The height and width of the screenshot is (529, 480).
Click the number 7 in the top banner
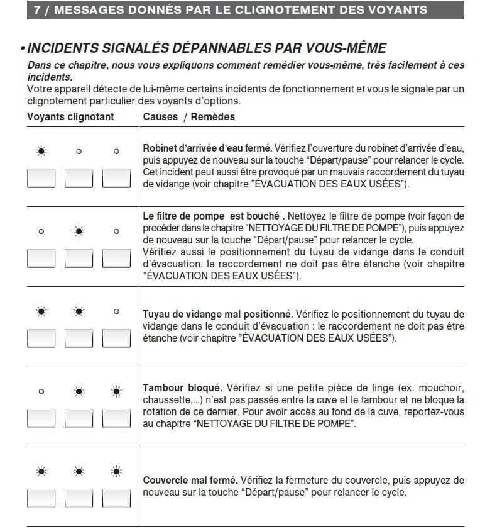click(x=37, y=10)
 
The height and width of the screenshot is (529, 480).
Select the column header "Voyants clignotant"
click(x=70, y=117)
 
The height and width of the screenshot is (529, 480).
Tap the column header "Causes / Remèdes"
click(x=188, y=117)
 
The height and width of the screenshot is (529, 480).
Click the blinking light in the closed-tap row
click(x=41, y=152)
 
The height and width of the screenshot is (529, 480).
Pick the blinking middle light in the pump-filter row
click(x=79, y=231)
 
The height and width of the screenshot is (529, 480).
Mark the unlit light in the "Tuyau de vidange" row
click(x=116, y=311)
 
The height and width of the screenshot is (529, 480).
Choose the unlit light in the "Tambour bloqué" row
click(x=41, y=391)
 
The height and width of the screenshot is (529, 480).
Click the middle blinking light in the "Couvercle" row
click(x=79, y=471)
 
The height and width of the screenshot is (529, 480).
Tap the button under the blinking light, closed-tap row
click(x=41, y=178)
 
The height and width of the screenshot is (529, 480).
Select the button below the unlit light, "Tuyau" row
click(x=116, y=338)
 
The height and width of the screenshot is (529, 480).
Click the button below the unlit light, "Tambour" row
click(x=41, y=418)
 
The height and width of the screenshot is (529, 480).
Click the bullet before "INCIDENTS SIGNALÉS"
click(x=22, y=49)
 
